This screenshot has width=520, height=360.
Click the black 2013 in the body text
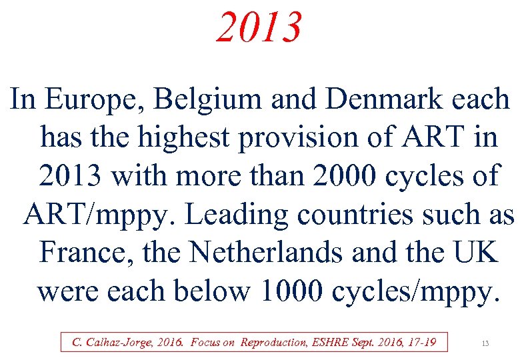point(71,176)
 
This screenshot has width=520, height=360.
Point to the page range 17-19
point(419,343)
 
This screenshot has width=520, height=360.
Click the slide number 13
point(485,343)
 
